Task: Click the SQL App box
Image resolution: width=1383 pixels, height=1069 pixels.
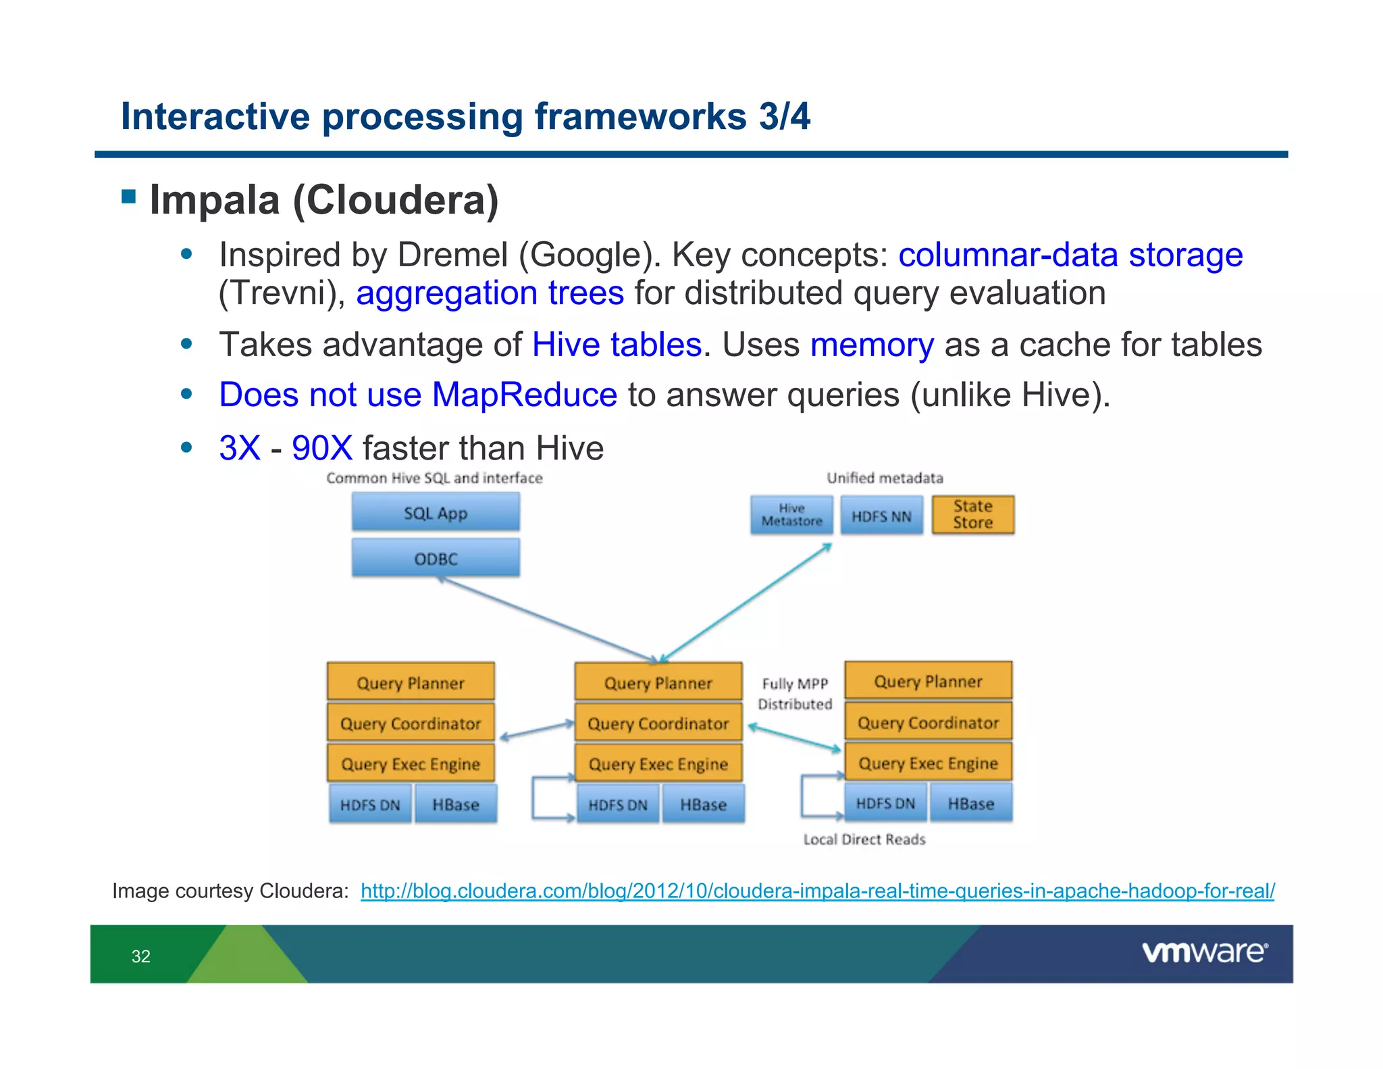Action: tap(436, 513)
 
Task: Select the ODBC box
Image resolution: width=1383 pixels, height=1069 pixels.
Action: tap(436, 558)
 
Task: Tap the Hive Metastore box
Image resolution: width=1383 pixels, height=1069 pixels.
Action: tap(791, 515)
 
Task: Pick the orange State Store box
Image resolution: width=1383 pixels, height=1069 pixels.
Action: tap(972, 515)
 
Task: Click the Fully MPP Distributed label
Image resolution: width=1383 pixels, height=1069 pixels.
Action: tap(795, 694)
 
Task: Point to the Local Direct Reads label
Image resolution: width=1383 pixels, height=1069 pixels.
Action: tap(864, 839)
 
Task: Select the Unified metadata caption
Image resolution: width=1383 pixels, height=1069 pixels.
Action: tap(885, 478)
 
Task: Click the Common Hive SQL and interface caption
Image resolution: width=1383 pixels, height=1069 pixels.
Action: tap(434, 478)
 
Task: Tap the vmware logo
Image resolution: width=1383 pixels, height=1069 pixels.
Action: tap(1204, 952)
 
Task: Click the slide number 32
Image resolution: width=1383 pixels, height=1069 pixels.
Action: tap(140, 956)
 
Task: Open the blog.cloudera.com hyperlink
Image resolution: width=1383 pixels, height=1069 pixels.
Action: tap(817, 891)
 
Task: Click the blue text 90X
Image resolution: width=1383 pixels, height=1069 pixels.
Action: tap(321, 448)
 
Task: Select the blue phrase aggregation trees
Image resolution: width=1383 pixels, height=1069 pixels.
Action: tap(490, 293)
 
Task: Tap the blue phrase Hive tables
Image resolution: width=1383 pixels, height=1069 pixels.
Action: tap(617, 345)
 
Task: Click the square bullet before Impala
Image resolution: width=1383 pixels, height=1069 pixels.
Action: tap(128, 197)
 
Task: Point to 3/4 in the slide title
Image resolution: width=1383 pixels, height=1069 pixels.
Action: tap(784, 116)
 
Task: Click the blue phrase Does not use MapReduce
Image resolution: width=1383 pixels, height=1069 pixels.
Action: tap(418, 395)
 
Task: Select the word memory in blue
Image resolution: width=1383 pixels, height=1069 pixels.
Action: tap(872, 345)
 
